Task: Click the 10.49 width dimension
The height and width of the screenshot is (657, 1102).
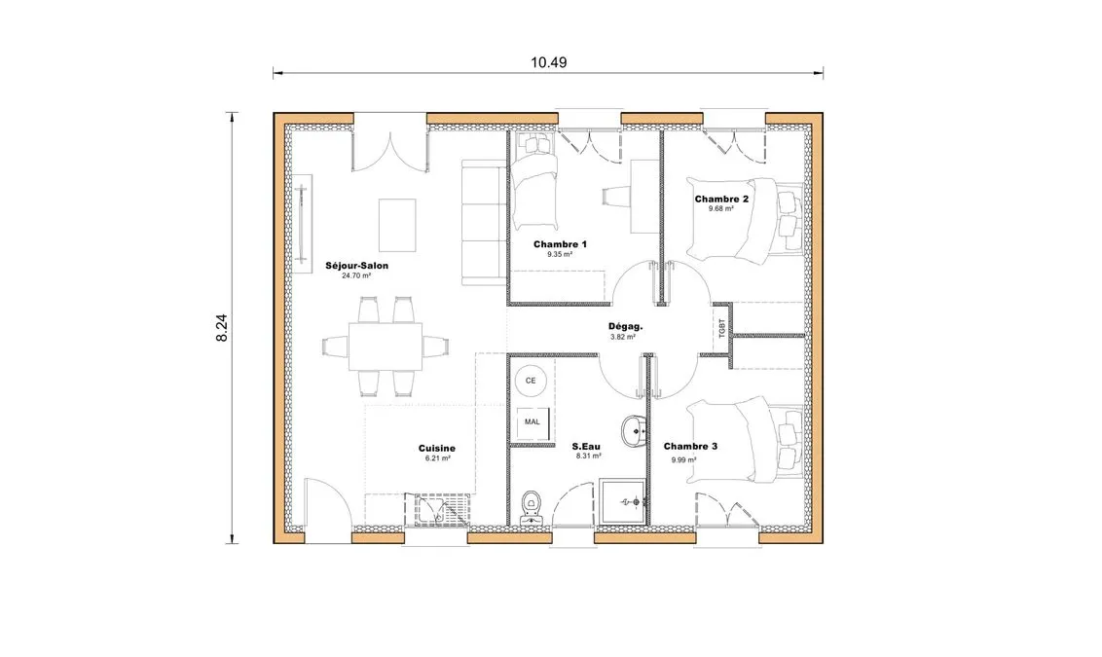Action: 549,62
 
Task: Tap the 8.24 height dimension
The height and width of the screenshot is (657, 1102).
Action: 221,327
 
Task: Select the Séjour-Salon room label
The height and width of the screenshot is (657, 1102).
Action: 356,266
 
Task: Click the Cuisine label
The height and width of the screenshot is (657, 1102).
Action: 436,449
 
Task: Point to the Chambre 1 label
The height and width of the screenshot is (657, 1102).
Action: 560,244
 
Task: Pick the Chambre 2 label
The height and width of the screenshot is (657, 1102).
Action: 721,199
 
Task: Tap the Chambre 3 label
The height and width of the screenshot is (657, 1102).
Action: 690,446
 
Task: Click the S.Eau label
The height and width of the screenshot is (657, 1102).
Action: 586,446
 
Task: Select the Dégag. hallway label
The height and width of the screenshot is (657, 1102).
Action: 626,326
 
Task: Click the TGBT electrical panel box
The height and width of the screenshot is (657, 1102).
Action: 722,329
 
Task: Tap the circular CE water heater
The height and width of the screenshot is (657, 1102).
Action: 531,381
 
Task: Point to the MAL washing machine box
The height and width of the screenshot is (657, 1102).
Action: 533,422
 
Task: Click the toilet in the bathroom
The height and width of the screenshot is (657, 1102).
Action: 532,507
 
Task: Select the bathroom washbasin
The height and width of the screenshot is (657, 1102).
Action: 634,430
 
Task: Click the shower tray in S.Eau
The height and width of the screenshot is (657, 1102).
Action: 622,501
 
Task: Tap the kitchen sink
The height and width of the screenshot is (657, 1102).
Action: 442,509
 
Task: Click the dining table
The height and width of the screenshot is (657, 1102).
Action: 386,347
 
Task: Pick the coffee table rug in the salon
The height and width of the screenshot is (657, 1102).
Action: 397,225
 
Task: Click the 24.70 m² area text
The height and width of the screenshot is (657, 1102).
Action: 356,276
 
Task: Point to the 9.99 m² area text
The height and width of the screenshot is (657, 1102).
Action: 683,460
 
